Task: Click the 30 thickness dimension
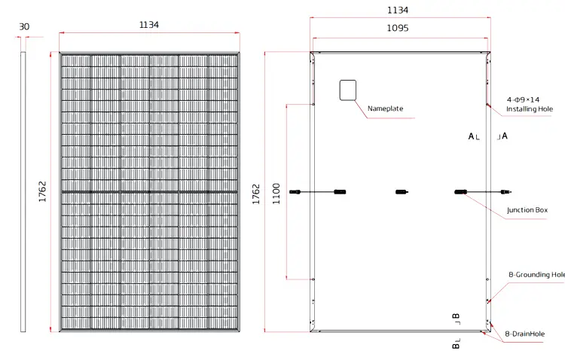tap(24, 26)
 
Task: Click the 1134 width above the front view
tap(149, 25)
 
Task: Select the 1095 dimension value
tap(397, 28)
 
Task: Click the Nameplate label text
tap(385, 108)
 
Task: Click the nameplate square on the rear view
tap(347, 90)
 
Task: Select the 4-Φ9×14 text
tap(523, 99)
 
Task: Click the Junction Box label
tap(527, 210)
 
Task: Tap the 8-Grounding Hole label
tap(536, 275)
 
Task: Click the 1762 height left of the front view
tap(42, 192)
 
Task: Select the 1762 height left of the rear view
tap(256, 194)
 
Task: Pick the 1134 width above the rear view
tap(397, 11)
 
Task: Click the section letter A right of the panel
tap(504, 136)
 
